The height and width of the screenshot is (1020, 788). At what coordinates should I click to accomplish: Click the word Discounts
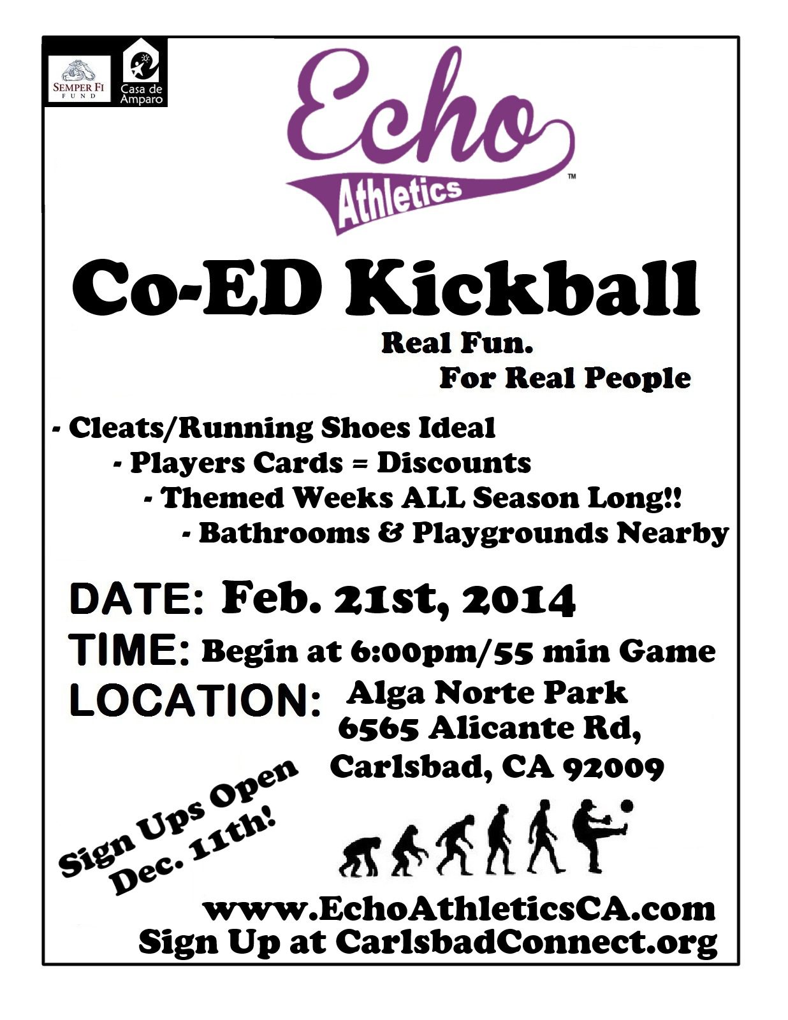(453, 463)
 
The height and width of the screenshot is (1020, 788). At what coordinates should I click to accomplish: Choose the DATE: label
(136, 600)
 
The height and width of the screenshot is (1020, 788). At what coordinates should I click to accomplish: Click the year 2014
(519, 600)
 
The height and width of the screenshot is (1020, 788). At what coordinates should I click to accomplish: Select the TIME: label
(131, 650)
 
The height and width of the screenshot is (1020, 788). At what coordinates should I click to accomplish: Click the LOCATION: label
(194, 700)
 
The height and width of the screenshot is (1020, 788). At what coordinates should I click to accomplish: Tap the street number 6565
(377, 729)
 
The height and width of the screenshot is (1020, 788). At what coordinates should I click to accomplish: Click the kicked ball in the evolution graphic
(627, 807)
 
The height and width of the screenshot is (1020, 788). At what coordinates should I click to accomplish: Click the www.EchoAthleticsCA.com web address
(459, 909)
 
